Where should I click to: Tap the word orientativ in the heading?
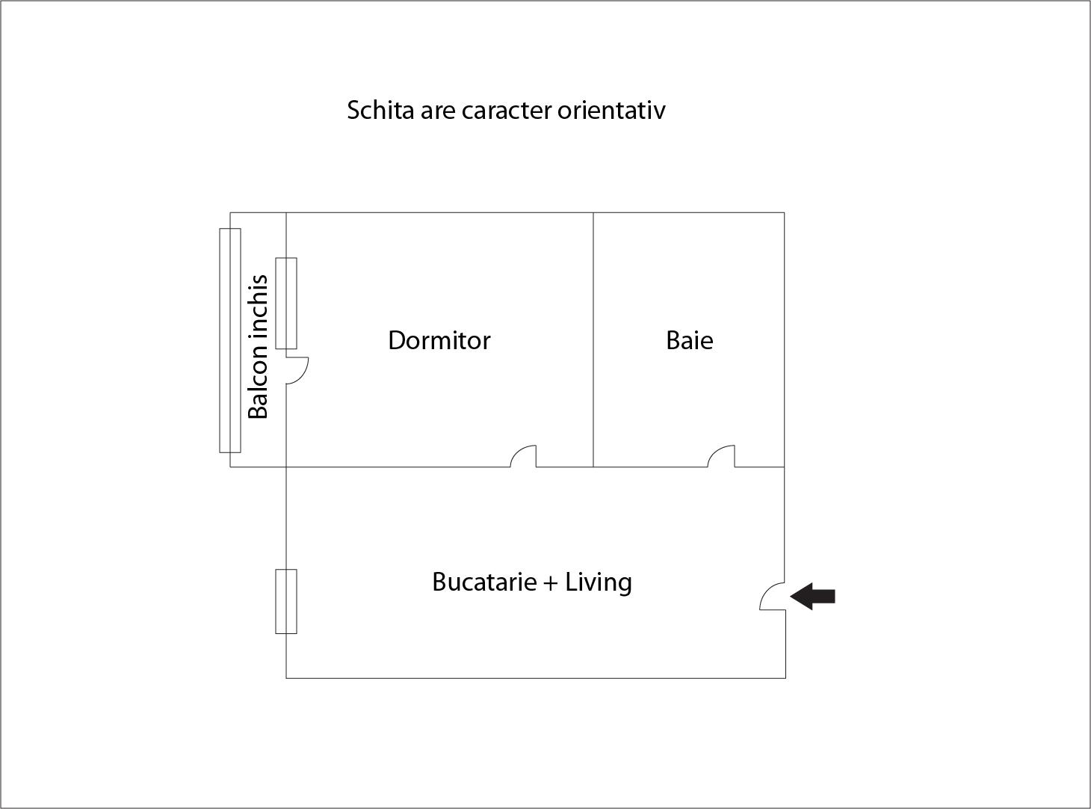point(611,111)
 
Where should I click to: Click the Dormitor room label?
point(439,340)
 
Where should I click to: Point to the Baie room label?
point(690,340)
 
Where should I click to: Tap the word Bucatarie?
point(484,582)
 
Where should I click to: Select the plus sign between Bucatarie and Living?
point(551,583)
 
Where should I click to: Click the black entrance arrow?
point(812,597)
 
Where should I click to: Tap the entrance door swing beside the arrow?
point(772,597)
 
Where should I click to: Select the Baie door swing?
point(721,456)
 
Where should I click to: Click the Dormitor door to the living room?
point(523,456)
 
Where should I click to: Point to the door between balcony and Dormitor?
point(297,370)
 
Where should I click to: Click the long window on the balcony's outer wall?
point(230,340)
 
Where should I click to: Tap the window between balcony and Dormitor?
point(286,304)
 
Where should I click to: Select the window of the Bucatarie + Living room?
point(286,601)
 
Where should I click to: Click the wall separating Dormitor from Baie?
point(593,339)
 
